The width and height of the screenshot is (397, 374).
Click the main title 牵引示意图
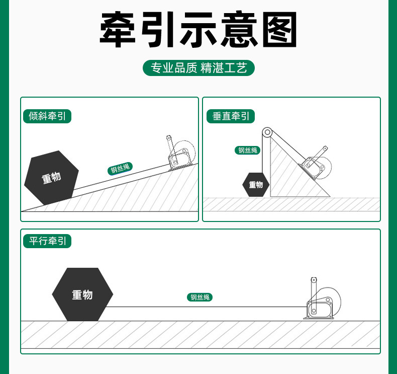coord(198,30)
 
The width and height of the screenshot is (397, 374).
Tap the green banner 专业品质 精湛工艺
coord(198,68)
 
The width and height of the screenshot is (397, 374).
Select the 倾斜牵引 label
coord(47,116)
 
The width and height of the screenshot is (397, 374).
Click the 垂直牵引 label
coord(231,116)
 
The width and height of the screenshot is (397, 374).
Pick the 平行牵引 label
coord(47,241)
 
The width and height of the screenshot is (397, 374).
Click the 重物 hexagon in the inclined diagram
coord(51,177)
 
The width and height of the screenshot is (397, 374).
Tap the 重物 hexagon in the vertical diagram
coord(256,185)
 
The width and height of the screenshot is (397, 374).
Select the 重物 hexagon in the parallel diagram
coord(82,295)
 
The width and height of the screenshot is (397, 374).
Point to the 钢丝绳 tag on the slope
coord(120,169)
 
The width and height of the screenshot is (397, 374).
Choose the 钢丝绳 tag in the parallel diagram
coord(201,297)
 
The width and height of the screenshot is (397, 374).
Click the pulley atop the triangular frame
coord(266,133)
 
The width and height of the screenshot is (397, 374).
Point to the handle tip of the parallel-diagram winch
coord(314,279)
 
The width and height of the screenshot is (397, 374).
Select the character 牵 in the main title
coord(122,30)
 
